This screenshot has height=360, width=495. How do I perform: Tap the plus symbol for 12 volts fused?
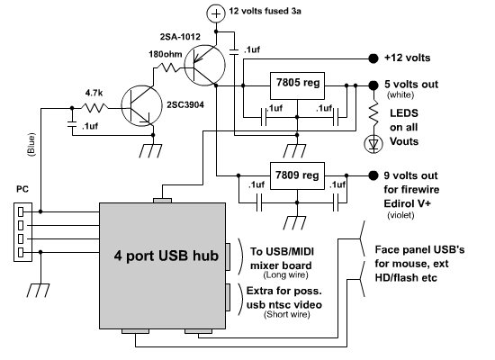(x=216, y=13)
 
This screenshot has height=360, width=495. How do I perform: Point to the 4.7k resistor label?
(x=94, y=94)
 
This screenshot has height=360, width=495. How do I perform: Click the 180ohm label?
(x=166, y=54)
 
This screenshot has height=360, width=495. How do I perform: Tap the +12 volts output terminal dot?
(x=373, y=58)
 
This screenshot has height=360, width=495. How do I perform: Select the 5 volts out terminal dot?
(x=373, y=85)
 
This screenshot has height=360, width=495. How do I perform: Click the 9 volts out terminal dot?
(x=373, y=175)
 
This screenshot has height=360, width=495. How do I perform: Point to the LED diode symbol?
(x=373, y=144)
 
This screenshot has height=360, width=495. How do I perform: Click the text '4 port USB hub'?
(x=166, y=256)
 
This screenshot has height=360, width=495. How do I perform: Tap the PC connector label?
(x=22, y=189)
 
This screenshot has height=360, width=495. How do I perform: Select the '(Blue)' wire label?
(x=31, y=144)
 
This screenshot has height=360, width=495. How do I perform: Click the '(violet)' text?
(x=400, y=215)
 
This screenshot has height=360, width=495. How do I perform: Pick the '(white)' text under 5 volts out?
(x=400, y=94)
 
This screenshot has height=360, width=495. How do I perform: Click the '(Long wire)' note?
(x=285, y=274)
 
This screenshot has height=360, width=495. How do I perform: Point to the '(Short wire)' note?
(x=287, y=314)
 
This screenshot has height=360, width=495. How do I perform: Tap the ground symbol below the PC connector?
(x=38, y=291)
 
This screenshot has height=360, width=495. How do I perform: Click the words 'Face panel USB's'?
(x=419, y=250)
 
